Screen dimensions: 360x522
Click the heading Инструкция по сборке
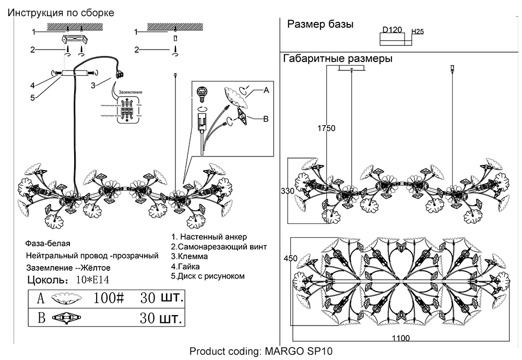(x=60, y=13)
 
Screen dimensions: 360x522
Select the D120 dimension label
(x=392, y=30)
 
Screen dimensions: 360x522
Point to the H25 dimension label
(x=418, y=32)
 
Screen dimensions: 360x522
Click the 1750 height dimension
(x=327, y=128)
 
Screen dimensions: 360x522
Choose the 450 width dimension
(x=290, y=258)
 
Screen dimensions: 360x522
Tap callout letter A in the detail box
(x=266, y=90)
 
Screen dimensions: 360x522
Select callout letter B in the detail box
(x=265, y=119)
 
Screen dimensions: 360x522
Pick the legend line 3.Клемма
(x=189, y=257)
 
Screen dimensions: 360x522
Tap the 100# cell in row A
(x=109, y=298)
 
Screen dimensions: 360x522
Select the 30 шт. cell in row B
(x=161, y=318)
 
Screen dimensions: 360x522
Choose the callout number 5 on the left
(x=32, y=97)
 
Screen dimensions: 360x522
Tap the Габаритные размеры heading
(x=338, y=59)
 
